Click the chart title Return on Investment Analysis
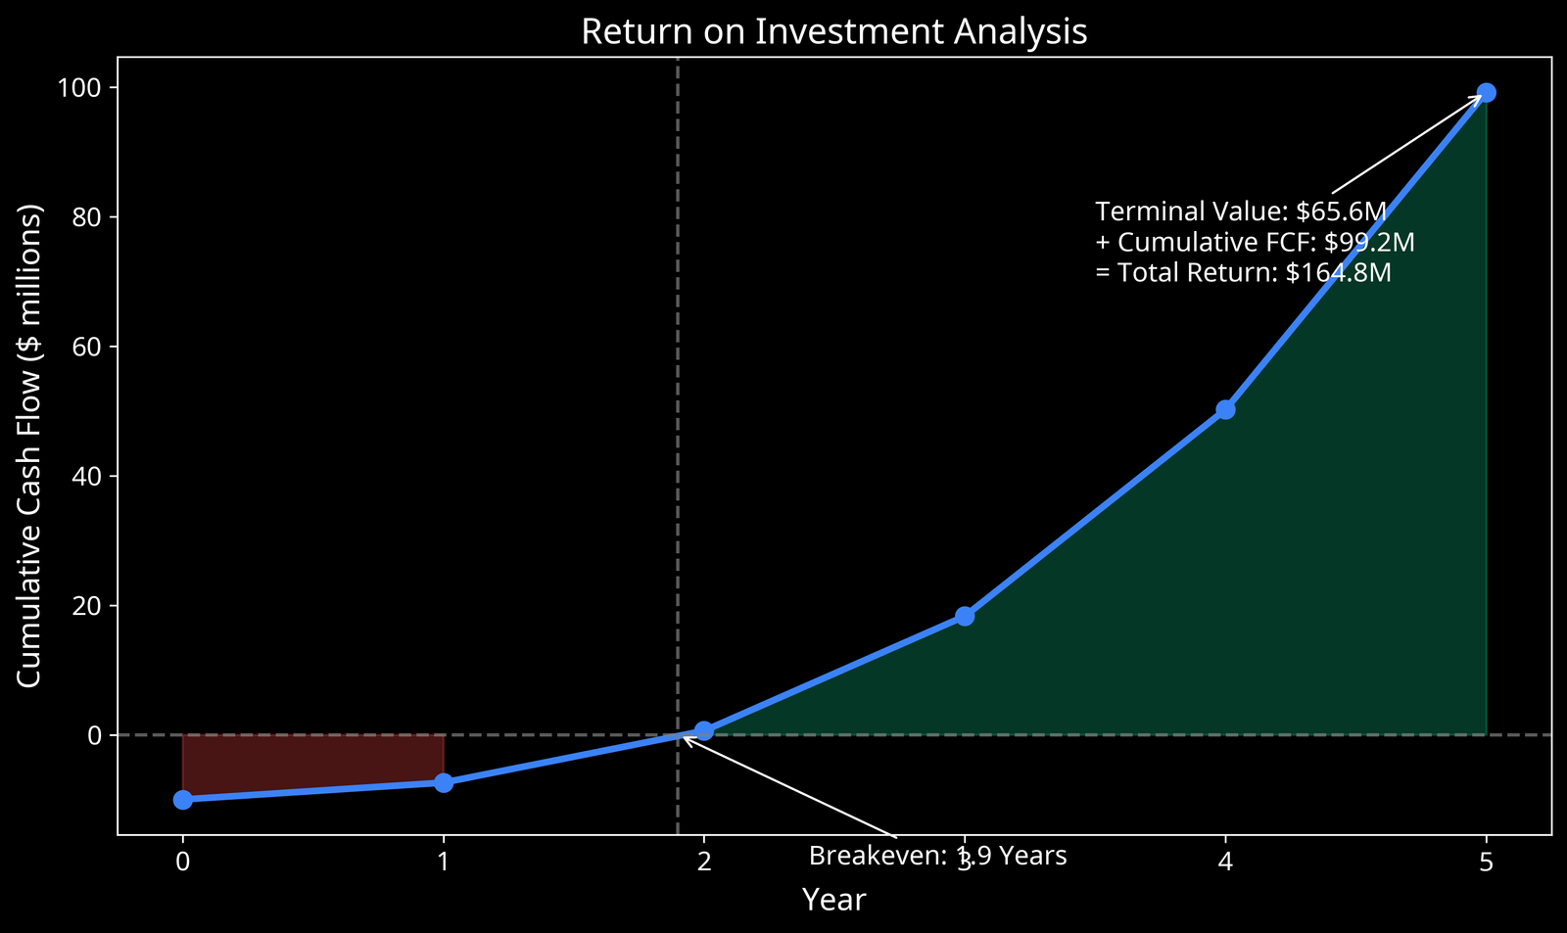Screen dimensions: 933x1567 click(833, 32)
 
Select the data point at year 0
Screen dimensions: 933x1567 click(182, 800)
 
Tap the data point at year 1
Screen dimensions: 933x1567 click(444, 782)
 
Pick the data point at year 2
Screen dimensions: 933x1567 click(704, 730)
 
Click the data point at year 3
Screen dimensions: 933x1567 click(965, 616)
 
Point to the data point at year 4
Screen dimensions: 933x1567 click(1225, 409)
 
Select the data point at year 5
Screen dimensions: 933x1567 click(1486, 93)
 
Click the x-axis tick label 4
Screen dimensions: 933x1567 click(1225, 862)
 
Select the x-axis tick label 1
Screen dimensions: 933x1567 click(444, 862)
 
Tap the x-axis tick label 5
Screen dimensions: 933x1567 click(1486, 862)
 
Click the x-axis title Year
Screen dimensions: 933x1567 click(833, 900)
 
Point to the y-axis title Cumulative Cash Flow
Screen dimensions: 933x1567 click(30, 445)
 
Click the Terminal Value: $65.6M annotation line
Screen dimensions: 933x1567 click(1240, 211)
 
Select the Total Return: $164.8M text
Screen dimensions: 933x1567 click(1242, 272)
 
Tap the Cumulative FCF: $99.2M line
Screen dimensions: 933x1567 click(1254, 242)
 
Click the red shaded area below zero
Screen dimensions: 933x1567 click(313, 759)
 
